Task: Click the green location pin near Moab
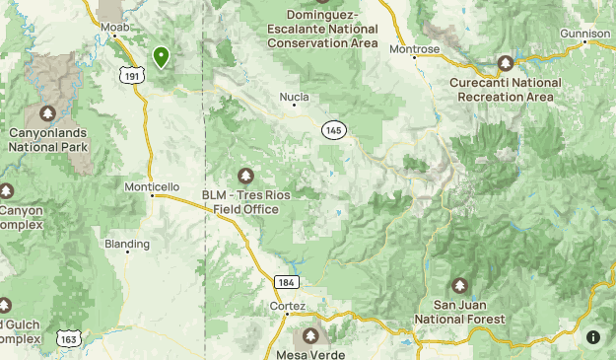click(161, 57)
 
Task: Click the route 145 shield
click(333, 130)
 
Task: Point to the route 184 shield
click(286, 282)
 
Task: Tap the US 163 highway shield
click(68, 338)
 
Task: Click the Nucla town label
click(294, 98)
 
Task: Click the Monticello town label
click(152, 186)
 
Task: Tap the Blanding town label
click(128, 244)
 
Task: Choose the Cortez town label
click(281, 307)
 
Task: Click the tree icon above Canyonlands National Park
click(47, 112)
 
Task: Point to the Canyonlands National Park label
click(47, 139)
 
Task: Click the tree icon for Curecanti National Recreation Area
click(506, 63)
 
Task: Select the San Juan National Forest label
click(459, 313)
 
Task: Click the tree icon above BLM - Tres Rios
click(245, 176)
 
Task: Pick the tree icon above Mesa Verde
click(312, 336)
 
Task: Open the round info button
click(593, 337)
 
